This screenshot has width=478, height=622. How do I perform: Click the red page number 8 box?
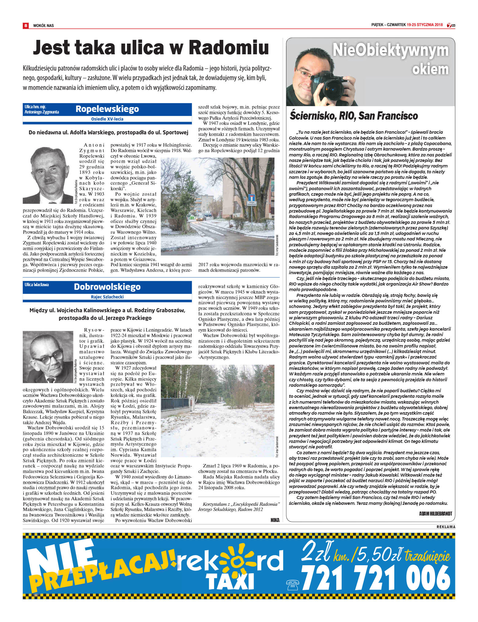[26, 25]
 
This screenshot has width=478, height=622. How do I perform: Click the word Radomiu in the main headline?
[229, 48]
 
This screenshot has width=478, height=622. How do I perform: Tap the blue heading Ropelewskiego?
[107, 109]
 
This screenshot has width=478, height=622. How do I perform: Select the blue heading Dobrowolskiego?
[107, 287]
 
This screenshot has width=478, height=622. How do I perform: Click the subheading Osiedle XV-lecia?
[107, 119]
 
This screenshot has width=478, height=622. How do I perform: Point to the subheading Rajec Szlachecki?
[107, 297]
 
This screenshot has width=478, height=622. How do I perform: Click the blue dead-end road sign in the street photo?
[252, 198]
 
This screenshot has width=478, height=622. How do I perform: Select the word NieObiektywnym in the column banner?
[390, 50]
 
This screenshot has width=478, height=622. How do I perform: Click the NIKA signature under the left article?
[275, 520]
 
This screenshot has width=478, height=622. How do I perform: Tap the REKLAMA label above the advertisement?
[446, 527]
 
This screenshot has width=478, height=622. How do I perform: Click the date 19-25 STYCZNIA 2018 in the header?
[425, 25]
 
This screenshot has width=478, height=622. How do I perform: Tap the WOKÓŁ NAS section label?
[43, 25]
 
